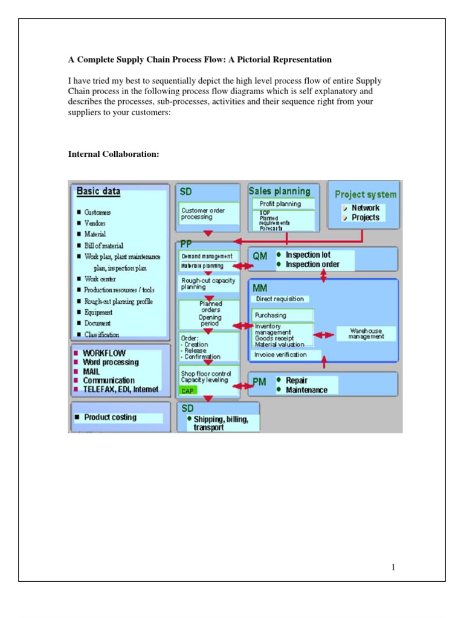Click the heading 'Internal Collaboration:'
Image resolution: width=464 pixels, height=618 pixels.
click(x=114, y=154)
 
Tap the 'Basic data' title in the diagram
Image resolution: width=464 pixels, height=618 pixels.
click(x=98, y=192)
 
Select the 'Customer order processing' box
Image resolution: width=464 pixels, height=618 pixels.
click(x=207, y=214)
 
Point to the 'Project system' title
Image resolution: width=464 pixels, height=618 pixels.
click(x=366, y=194)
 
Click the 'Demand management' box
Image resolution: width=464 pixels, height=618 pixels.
click(x=207, y=256)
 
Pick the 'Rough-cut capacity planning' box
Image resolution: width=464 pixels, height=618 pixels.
click(x=208, y=284)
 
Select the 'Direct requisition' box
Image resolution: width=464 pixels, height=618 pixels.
click(x=280, y=299)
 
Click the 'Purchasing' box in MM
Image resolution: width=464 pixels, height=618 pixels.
click(x=283, y=315)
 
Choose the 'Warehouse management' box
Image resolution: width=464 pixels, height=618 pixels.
click(x=366, y=334)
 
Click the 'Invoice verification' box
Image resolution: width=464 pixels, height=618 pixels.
click(x=280, y=355)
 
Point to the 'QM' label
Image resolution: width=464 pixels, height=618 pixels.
click(x=260, y=256)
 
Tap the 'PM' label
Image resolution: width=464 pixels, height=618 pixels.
click(x=259, y=383)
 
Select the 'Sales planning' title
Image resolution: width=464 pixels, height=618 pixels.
click(x=279, y=191)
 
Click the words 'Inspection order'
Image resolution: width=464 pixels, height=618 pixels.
click(x=312, y=264)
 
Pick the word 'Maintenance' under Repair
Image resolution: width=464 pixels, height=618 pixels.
click(x=306, y=390)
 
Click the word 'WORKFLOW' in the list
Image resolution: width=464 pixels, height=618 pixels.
click(x=105, y=353)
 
